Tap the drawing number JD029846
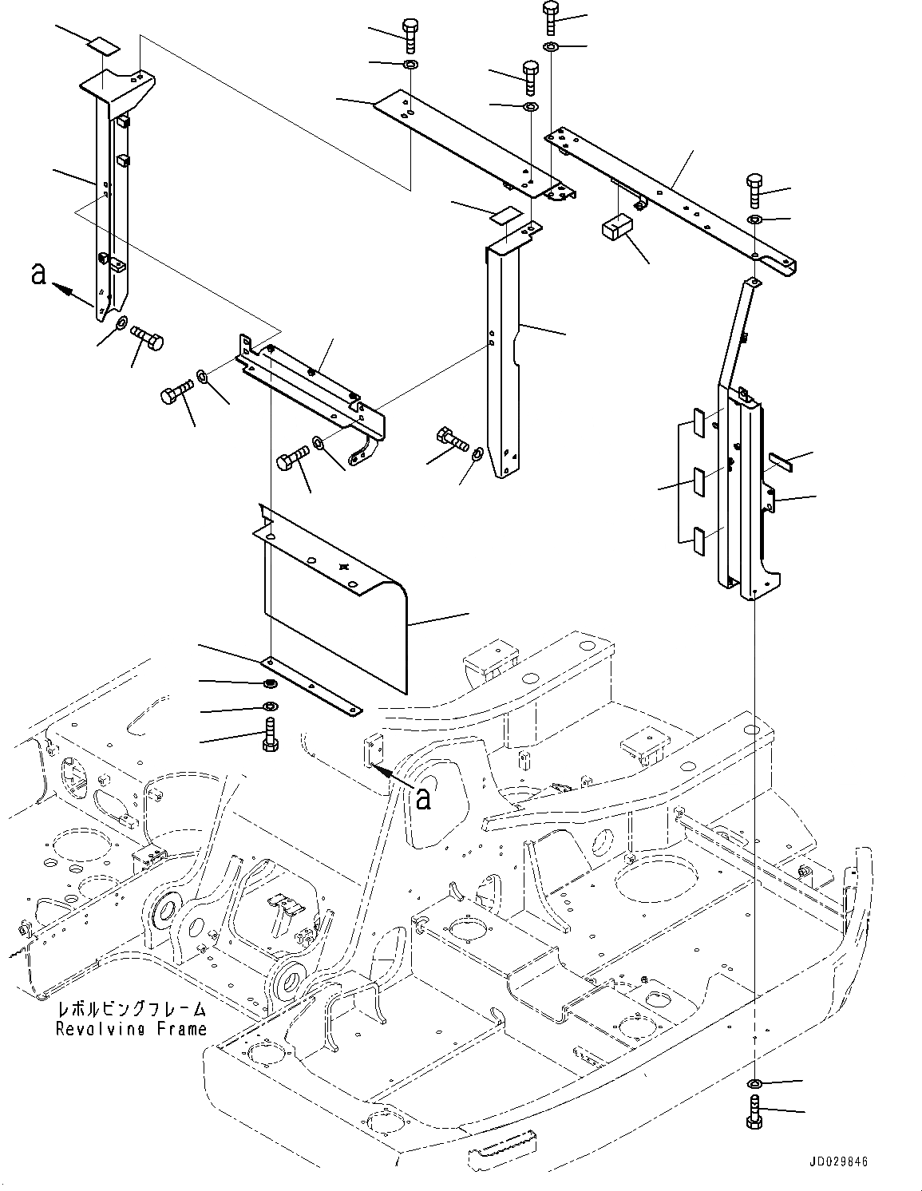(830, 1163)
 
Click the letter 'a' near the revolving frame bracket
(423, 797)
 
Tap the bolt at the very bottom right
(754, 1111)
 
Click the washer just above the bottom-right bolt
(754, 1083)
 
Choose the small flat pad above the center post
(505, 214)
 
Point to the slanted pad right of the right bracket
(780, 460)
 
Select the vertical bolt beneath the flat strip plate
(269, 735)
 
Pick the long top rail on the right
(671, 200)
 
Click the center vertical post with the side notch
(503, 359)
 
